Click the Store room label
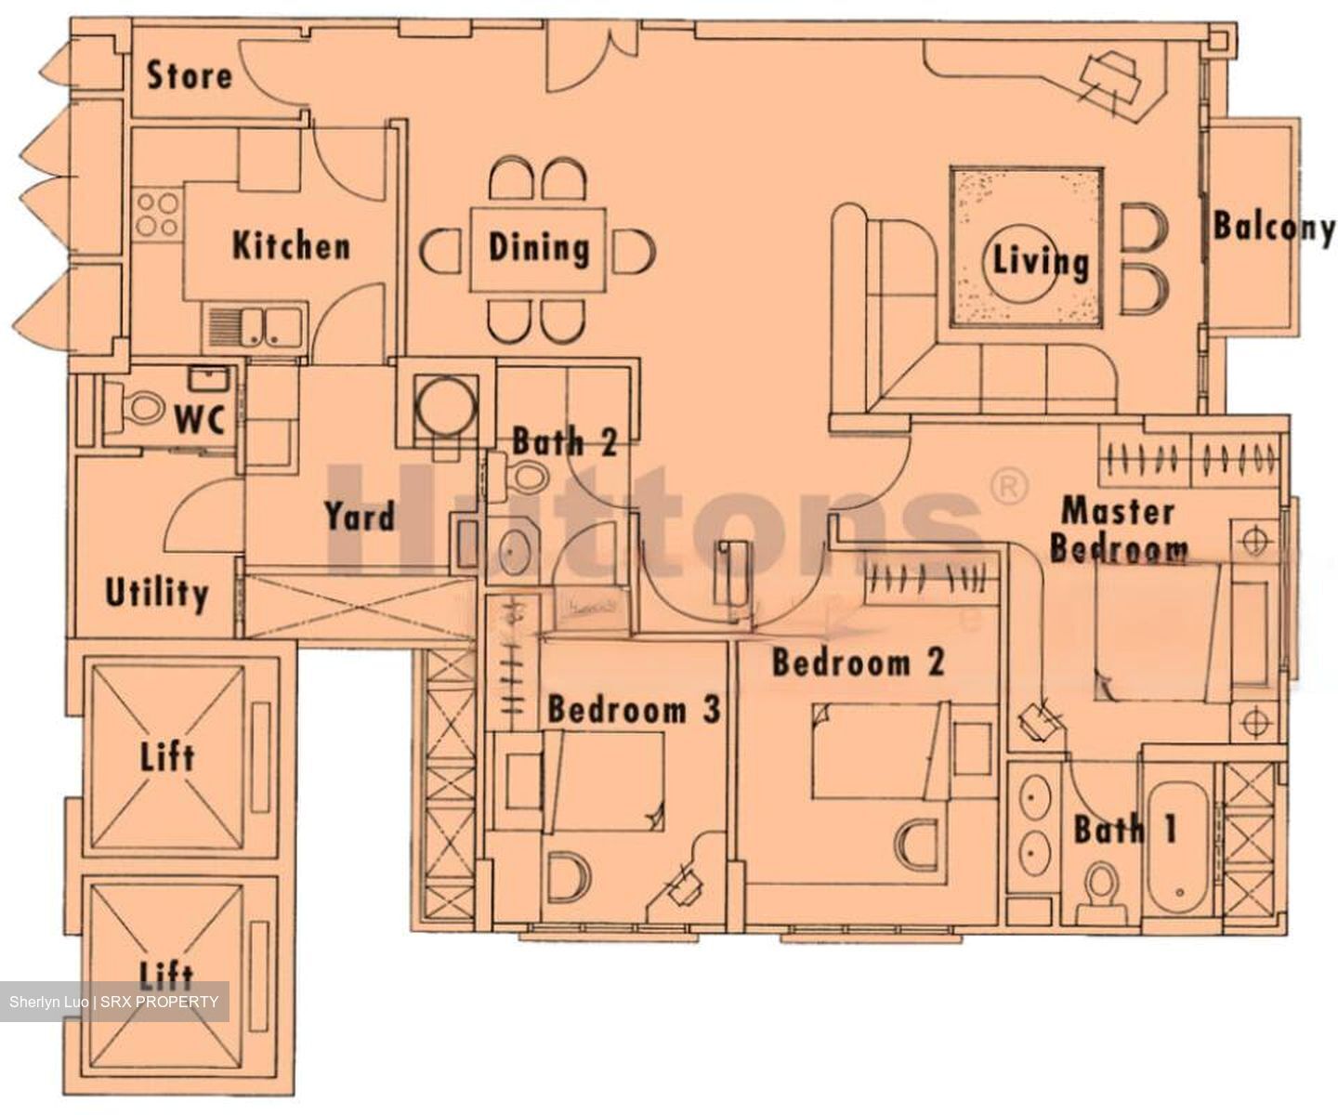[189, 76]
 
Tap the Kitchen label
[291, 246]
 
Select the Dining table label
[539, 248]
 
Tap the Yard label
[360, 517]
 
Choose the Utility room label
[156, 593]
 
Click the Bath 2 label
[564, 442]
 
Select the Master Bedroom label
[1118, 530]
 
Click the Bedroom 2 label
[858, 663]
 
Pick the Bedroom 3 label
[634, 710]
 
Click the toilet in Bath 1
[1102, 883]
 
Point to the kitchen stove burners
[156, 215]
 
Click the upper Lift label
[168, 756]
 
